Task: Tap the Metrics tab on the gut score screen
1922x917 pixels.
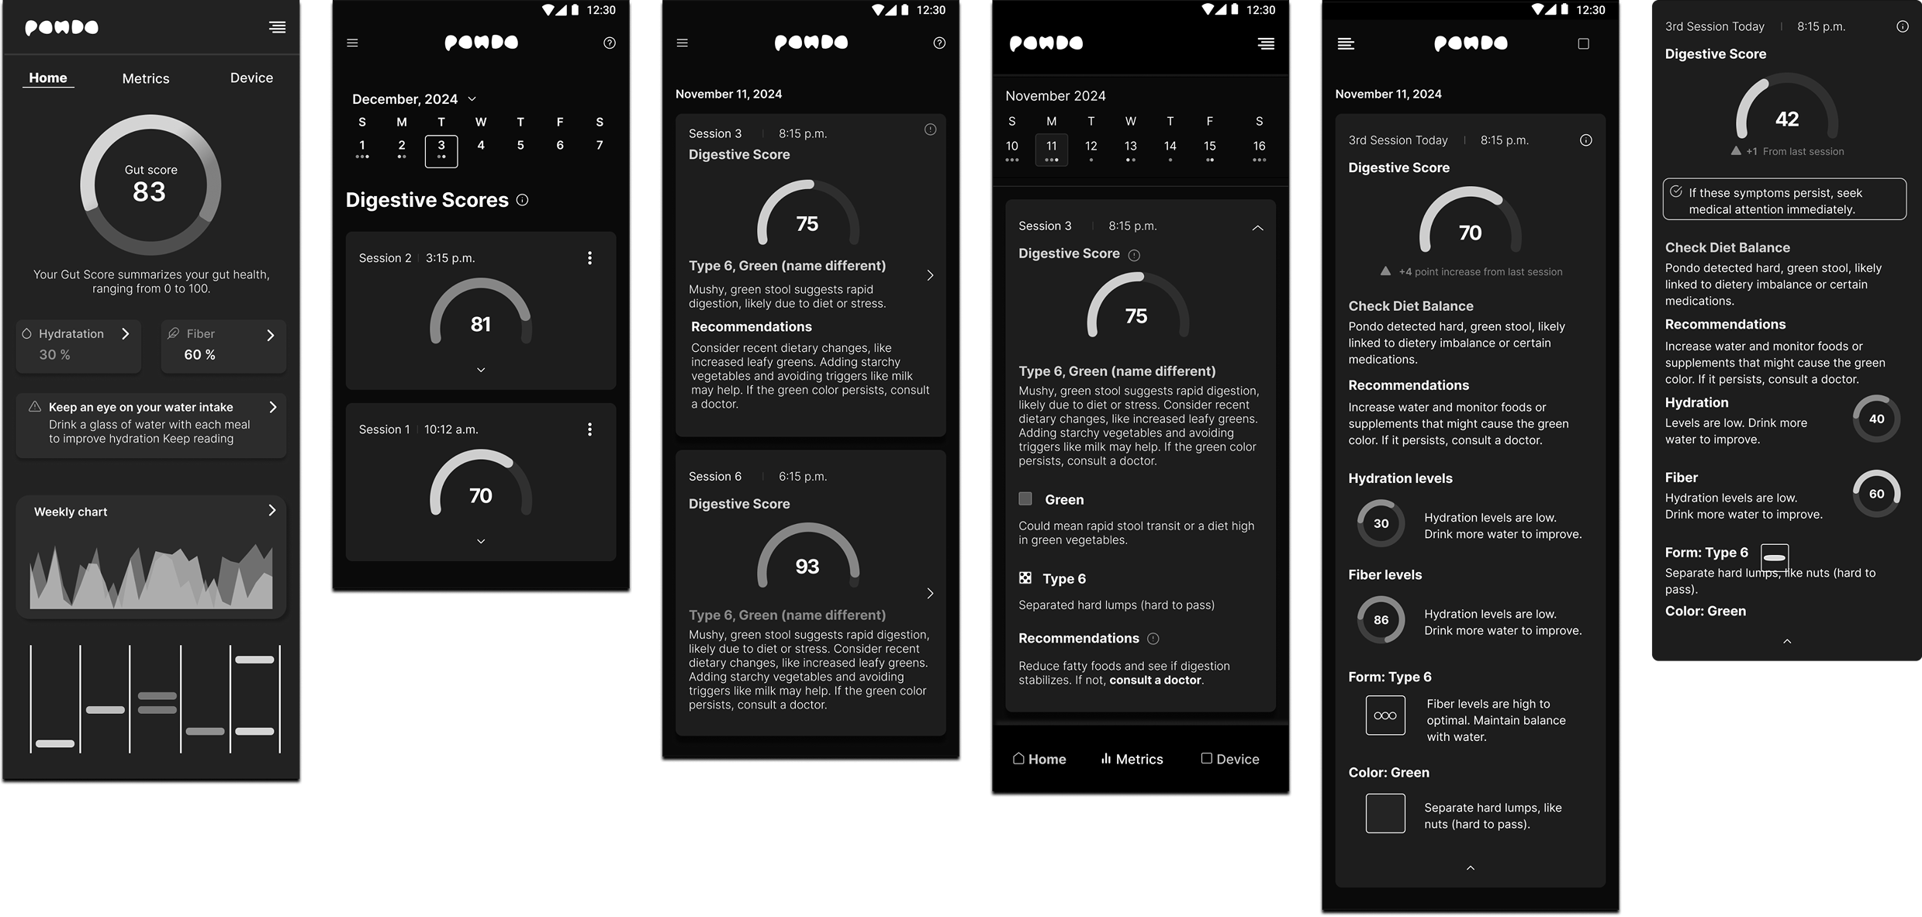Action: click(x=146, y=78)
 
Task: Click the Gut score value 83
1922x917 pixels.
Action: click(x=149, y=191)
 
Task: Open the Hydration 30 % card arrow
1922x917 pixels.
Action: click(x=126, y=334)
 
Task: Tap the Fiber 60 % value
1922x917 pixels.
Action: click(x=199, y=355)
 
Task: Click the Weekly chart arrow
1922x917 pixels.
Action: click(x=272, y=510)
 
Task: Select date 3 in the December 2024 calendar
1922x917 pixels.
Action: click(x=441, y=150)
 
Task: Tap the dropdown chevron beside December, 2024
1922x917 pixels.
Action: click(x=472, y=99)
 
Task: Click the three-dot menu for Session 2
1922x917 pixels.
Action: click(x=589, y=258)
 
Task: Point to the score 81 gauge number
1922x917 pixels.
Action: click(x=481, y=324)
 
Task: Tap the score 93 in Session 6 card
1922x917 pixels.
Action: click(x=807, y=567)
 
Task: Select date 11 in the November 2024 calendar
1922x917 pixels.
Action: click(x=1052, y=149)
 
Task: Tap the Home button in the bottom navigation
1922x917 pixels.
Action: click(x=1039, y=759)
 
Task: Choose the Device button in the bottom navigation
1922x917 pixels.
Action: click(x=1230, y=759)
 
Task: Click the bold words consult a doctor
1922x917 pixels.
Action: click(x=1156, y=681)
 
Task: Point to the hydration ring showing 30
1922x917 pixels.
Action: click(x=1381, y=524)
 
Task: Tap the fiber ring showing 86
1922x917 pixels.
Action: click(x=1381, y=620)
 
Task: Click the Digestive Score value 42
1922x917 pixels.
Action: click(x=1787, y=119)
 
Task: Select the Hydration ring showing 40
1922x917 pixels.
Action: click(x=1876, y=419)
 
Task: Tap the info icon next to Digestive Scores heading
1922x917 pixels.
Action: click(x=523, y=200)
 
